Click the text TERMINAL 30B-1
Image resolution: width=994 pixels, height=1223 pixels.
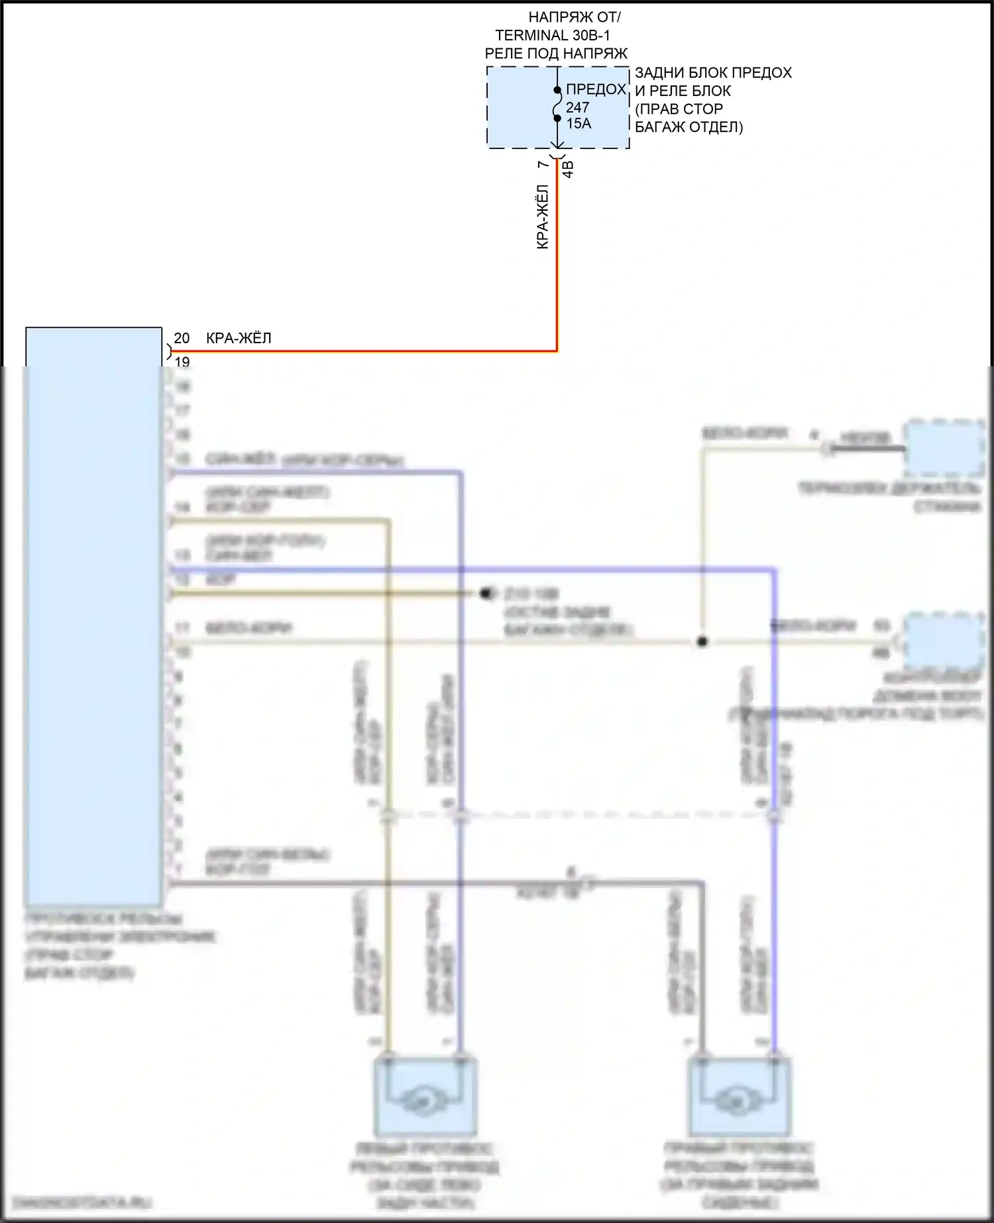click(x=552, y=35)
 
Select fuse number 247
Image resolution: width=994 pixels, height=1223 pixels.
click(x=577, y=107)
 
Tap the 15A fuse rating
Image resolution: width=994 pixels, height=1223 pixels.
click(x=579, y=123)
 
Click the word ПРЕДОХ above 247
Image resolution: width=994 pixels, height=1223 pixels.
click(x=596, y=89)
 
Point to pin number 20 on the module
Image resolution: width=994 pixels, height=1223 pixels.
click(x=182, y=338)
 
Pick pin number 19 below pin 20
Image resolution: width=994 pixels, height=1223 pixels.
click(x=182, y=361)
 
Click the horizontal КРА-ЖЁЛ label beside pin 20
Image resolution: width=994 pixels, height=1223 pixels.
click(x=239, y=338)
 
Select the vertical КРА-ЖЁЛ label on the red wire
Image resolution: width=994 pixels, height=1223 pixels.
click(x=542, y=217)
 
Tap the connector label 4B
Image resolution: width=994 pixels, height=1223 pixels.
click(x=568, y=169)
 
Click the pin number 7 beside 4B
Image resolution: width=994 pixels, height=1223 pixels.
click(x=543, y=164)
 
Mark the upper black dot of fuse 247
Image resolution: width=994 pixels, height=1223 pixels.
click(x=557, y=89)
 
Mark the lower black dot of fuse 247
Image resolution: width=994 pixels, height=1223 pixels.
click(x=557, y=119)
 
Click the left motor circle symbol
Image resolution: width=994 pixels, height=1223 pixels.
click(x=418, y=1100)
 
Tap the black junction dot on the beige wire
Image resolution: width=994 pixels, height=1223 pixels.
click(x=702, y=641)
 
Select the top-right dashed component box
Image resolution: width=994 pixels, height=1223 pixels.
click(x=944, y=448)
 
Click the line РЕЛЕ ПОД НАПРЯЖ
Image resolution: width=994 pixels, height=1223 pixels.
click(x=556, y=53)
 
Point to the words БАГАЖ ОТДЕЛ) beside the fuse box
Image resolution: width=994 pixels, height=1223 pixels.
click(x=689, y=127)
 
